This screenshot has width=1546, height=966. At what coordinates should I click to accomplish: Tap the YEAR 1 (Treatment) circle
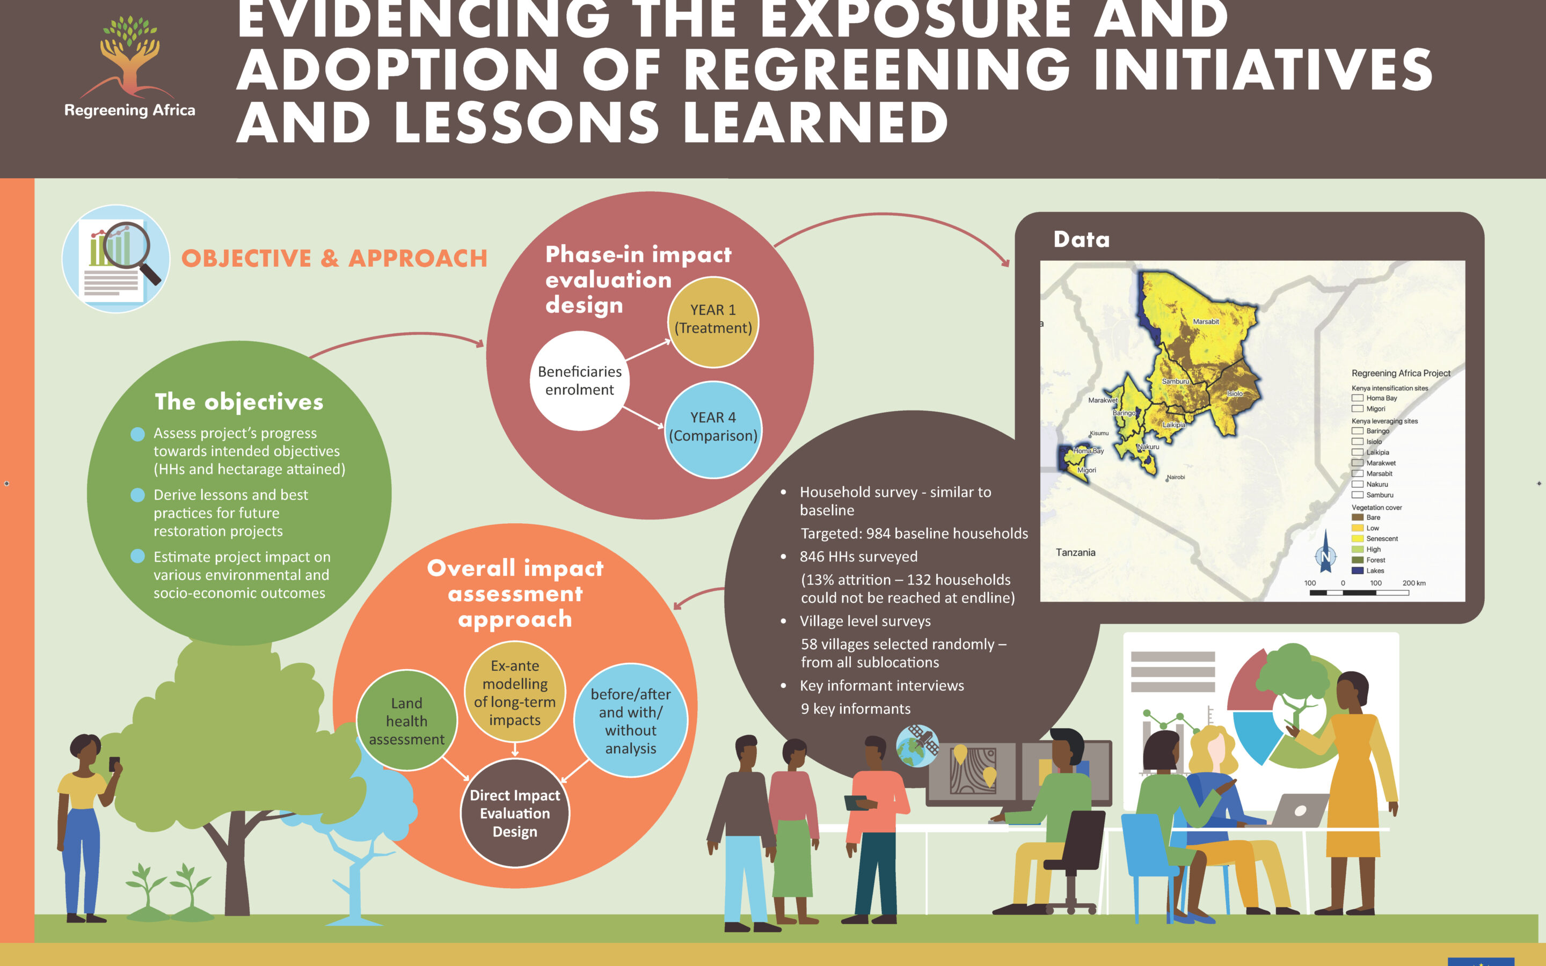713,321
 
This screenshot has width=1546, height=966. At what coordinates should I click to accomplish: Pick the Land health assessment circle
406,721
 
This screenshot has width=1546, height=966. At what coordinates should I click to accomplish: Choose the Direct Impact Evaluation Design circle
515,813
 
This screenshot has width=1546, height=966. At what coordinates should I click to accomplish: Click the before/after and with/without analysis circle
631,721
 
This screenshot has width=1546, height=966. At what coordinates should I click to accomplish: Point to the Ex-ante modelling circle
515,692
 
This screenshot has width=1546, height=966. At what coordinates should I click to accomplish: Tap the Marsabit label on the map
1206,321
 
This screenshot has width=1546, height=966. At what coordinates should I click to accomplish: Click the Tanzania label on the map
1075,552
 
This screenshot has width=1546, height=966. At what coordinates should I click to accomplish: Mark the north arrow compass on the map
1325,553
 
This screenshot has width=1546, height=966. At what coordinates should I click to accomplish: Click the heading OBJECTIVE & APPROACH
334,258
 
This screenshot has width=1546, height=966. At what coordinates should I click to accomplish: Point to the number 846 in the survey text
813,557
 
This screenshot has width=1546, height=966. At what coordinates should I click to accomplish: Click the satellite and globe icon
917,745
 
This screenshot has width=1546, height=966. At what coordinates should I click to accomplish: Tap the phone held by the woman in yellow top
114,764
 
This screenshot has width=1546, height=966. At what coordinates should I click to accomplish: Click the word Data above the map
1082,239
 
